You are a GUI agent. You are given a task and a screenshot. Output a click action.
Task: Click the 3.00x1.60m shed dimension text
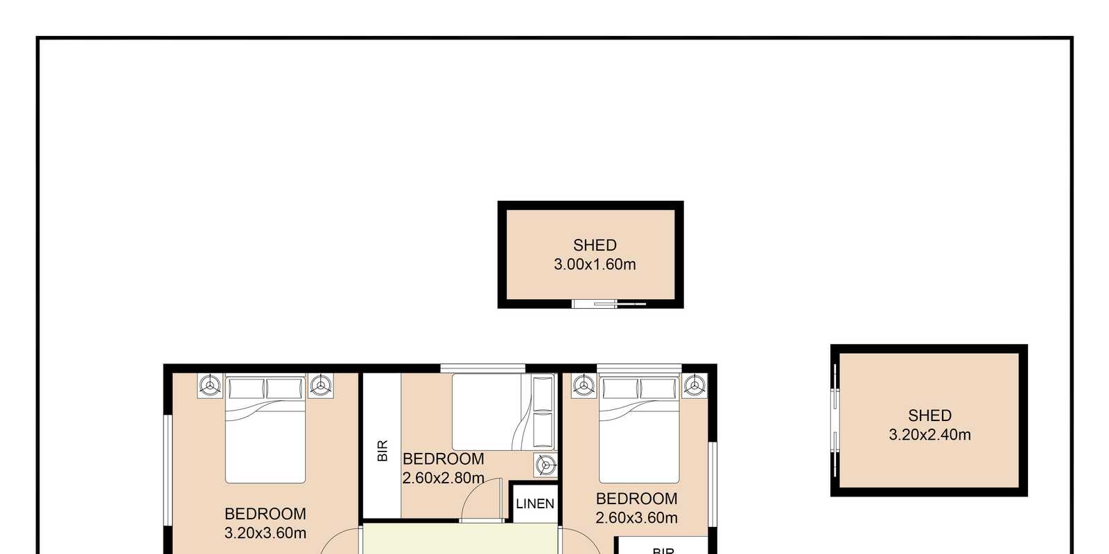pyautogui.click(x=595, y=265)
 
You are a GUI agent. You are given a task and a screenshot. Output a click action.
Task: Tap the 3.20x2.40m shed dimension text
pyautogui.click(x=929, y=435)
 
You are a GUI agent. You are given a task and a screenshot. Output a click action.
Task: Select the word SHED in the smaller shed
pyautogui.click(x=595, y=245)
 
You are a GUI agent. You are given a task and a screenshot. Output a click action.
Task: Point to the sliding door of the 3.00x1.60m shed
pyautogui.click(x=609, y=304)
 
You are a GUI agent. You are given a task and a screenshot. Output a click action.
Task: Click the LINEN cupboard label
pyautogui.click(x=534, y=504)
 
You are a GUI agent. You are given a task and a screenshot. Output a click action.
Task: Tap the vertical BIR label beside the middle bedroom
pyautogui.click(x=382, y=451)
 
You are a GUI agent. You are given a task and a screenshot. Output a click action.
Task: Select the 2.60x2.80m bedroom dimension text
pyautogui.click(x=443, y=479)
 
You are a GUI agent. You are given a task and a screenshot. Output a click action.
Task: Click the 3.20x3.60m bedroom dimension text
pyautogui.click(x=265, y=533)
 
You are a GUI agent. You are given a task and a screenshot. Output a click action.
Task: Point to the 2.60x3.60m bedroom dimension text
pyautogui.click(x=636, y=518)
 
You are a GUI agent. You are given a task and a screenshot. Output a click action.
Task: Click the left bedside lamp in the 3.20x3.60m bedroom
pyautogui.click(x=210, y=385)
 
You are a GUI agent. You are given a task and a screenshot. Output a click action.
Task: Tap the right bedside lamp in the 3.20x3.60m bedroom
pyautogui.click(x=321, y=385)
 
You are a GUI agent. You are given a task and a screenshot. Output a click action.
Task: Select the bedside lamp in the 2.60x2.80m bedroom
pyautogui.click(x=545, y=465)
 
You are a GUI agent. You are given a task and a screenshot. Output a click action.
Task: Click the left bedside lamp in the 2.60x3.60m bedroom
pyautogui.click(x=584, y=385)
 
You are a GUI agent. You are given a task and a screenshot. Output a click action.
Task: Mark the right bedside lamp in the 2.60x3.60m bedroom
pyautogui.click(x=695, y=385)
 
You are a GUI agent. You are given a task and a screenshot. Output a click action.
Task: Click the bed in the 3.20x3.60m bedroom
pyautogui.click(x=265, y=429)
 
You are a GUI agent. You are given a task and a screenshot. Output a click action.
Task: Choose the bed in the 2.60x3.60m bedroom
pyautogui.click(x=639, y=429)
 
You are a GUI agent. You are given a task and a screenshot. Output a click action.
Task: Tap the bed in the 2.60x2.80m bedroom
pyautogui.click(x=503, y=412)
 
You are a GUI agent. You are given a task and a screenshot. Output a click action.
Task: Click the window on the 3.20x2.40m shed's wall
pyautogui.click(x=835, y=420)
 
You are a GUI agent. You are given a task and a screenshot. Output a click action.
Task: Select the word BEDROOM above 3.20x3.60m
pyautogui.click(x=265, y=514)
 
